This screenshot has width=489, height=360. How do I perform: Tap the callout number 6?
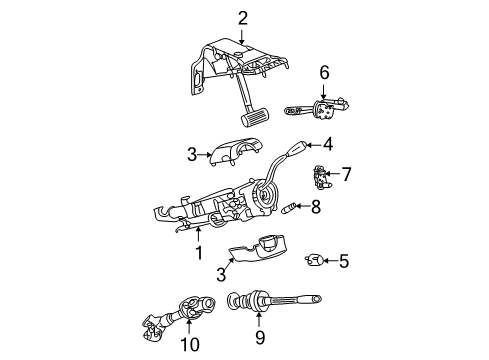click(x=323, y=72)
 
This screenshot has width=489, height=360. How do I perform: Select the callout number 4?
click(x=327, y=143)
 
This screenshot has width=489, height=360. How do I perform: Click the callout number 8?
click(x=315, y=207)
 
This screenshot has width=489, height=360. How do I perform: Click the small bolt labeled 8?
click(x=289, y=209)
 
